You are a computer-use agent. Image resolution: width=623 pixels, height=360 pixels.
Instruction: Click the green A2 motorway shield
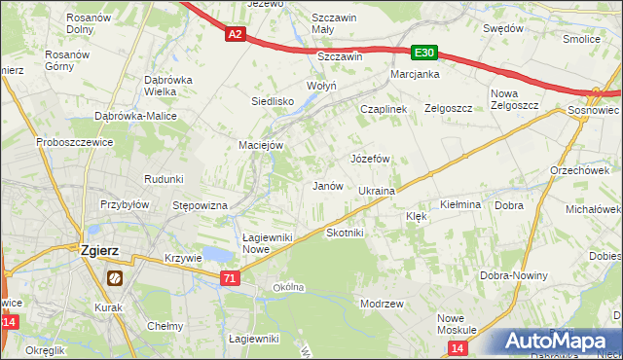(235, 35)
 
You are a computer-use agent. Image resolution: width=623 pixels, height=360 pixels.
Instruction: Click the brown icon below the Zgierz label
(114, 277)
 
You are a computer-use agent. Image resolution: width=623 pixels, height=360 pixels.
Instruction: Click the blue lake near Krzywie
(220, 255)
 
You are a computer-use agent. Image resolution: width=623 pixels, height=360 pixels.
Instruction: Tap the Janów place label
(326, 186)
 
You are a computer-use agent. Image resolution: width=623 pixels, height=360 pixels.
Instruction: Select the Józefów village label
(370, 158)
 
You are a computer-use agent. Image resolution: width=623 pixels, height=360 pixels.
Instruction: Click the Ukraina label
(376, 192)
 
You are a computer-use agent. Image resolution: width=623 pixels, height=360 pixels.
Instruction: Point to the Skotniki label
(345, 233)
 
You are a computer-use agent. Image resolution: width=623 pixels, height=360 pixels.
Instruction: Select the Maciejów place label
(261, 145)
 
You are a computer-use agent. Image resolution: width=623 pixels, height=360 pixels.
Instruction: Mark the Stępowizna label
(200, 206)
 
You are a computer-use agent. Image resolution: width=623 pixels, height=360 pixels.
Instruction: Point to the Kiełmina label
(460, 205)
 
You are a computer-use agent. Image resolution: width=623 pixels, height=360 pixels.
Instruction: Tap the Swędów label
(503, 28)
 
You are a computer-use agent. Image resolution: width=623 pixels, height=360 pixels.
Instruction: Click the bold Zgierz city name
(94, 250)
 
